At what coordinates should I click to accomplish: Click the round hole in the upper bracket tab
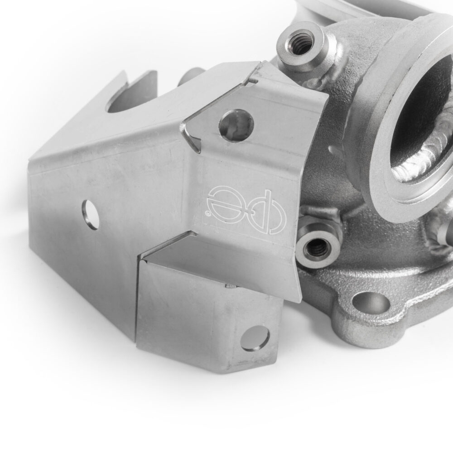(236, 126)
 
